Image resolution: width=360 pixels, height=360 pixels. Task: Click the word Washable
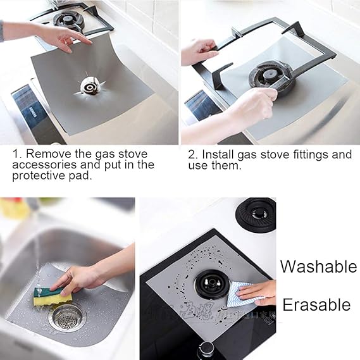click(x=318, y=266)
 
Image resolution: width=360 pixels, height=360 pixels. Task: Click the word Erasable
click(x=316, y=305)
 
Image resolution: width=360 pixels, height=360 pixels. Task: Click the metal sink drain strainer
click(x=66, y=316)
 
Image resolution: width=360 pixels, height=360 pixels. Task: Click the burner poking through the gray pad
click(x=89, y=84)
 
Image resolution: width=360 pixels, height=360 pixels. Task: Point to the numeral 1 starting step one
click(x=16, y=154)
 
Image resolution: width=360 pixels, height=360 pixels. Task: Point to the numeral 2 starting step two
click(x=192, y=154)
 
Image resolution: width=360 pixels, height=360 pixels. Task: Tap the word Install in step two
click(x=221, y=154)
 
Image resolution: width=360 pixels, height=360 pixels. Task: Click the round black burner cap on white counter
click(x=255, y=213)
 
